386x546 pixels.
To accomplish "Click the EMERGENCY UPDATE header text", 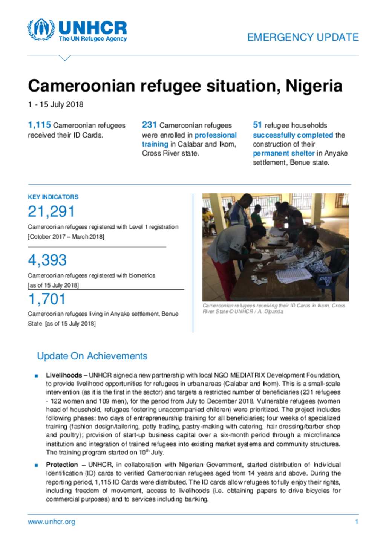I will coord(303,37).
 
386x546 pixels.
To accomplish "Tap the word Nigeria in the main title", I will coord(314,86).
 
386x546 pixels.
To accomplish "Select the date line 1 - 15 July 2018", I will coord(55,104).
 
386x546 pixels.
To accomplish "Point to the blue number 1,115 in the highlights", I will coord(39,125).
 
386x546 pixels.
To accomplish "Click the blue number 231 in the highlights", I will coord(149,125).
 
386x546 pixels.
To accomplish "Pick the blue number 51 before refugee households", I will coord(257,125).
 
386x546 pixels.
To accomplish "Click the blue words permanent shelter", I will coord(283,153).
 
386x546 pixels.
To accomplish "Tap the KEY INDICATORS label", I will coord(53,197).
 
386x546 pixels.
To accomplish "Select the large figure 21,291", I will coord(51,212).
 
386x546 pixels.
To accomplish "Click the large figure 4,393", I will coord(47,260).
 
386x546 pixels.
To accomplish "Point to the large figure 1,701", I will coord(47,299).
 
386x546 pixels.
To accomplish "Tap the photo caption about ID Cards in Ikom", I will coord(274,308).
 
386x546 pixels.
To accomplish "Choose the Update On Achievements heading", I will coord(92,356).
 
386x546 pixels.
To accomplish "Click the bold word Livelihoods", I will coord(64,375).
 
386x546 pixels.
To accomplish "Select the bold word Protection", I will coord(62,465).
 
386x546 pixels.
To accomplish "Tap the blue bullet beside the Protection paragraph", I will coord(36,465).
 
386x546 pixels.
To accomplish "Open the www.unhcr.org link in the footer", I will coord(51,522).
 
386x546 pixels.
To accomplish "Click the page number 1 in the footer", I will coord(356,522).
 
